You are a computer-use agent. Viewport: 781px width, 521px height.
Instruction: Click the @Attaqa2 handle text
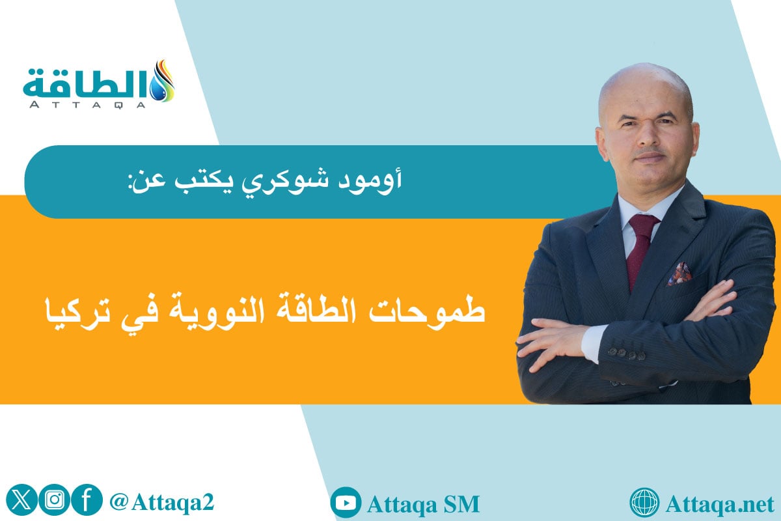[162, 501]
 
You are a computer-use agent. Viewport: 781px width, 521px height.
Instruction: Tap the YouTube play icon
[346, 503]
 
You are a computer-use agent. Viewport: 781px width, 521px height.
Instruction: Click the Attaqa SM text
[423, 503]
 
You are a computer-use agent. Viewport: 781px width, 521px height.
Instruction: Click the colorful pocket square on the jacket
[679, 274]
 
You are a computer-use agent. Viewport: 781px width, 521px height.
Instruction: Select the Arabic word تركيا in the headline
[70, 311]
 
